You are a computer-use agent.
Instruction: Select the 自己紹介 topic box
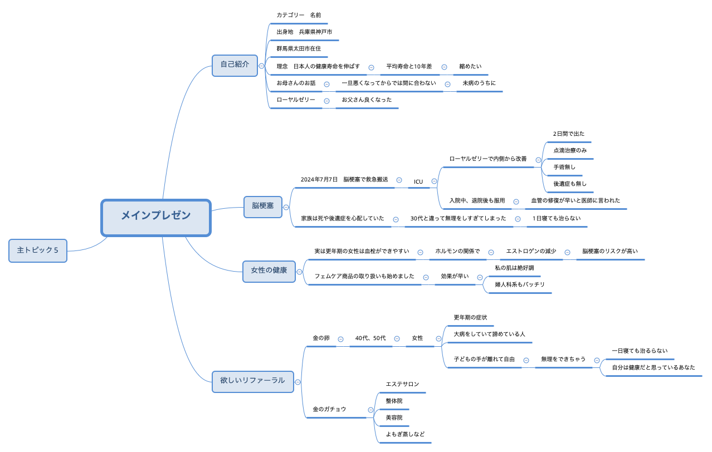tap(235, 65)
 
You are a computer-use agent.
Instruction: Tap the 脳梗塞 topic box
tap(263, 207)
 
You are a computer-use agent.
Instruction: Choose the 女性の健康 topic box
tap(269, 271)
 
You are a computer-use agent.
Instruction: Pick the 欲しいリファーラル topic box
tap(252, 381)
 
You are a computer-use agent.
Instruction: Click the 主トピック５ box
tap(38, 250)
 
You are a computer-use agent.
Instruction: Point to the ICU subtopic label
tap(418, 182)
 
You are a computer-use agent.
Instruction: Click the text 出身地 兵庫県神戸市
tap(304, 32)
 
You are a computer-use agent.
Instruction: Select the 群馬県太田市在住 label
tap(299, 49)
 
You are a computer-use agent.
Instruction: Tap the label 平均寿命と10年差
tap(409, 67)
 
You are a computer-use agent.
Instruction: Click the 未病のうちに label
tap(479, 83)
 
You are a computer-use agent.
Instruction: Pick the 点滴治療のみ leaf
tap(570, 151)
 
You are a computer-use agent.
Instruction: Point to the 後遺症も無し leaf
tap(570, 184)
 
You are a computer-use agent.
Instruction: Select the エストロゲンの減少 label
tap(530, 252)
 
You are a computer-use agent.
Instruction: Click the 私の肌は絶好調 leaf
tap(514, 268)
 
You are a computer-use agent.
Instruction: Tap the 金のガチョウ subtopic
tap(329, 410)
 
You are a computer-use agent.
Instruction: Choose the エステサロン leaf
tap(402, 385)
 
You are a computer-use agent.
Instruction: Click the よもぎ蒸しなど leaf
tap(405, 435)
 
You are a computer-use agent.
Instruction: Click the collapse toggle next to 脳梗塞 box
tap(286, 207)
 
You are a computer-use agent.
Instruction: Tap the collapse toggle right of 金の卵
tap(340, 339)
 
